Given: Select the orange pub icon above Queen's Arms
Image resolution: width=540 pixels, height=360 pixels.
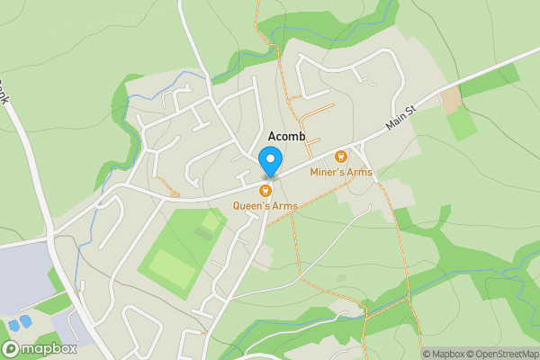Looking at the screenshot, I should (x=265, y=190).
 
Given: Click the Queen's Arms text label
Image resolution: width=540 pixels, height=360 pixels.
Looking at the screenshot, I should (x=265, y=206).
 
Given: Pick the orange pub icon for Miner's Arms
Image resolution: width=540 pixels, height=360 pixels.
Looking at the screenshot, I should (x=341, y=157).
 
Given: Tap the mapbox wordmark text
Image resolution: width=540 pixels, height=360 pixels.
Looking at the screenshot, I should (x=42, y=348).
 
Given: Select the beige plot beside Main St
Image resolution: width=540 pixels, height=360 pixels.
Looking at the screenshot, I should (x=449, y=101).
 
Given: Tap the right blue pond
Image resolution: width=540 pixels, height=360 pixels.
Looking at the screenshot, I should (x=26, y=319).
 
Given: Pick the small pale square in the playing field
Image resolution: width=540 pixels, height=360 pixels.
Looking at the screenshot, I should (x=211, y=220).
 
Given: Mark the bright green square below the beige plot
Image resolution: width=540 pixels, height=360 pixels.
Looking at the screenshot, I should (x=463, y=124).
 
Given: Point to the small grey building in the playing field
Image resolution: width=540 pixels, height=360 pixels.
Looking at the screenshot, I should (x=204, y=235).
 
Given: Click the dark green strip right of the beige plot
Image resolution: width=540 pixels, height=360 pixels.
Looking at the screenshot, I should (x=490, y=81).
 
